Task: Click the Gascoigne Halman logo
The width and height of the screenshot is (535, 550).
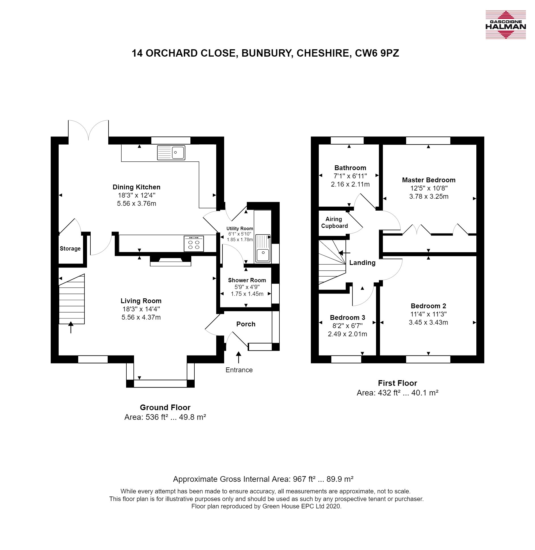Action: coord(506,25)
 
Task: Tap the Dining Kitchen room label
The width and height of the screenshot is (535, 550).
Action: coord(137,187)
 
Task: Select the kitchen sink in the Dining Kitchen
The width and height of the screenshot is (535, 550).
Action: coord(171,153)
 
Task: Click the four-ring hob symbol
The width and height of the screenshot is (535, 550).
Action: coord(194,244)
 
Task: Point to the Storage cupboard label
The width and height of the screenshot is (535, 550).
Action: coord(70,249)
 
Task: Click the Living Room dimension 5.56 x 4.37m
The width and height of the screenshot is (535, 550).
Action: coord(141,317)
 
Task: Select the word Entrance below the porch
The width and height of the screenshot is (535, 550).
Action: coord(239,370)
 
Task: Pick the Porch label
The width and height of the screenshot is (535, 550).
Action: coord(246,324)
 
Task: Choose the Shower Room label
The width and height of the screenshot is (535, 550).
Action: coord(247,280)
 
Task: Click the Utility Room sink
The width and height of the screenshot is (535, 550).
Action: coord(263,248)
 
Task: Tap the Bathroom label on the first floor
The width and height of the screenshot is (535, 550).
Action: coord(350,168)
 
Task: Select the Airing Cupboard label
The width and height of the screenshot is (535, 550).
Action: coord(334,222)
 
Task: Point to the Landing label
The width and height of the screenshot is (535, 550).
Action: coord(362,263)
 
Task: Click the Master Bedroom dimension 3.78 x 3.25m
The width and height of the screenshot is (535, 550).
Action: coord(429,196)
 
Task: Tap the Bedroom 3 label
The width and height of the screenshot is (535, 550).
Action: coord(347,317)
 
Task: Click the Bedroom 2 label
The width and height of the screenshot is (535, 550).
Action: coord(428,306)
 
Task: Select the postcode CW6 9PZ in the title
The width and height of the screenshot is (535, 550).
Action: coord(377,53)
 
